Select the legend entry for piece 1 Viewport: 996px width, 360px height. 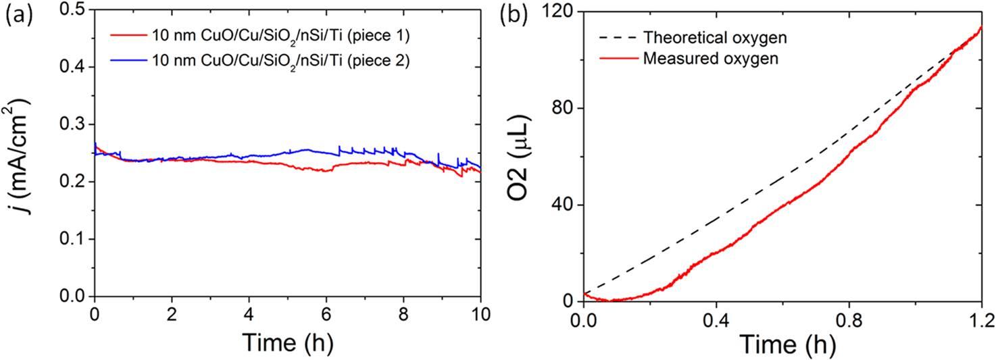click(277, 35)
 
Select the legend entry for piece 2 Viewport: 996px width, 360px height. click(277, 61)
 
